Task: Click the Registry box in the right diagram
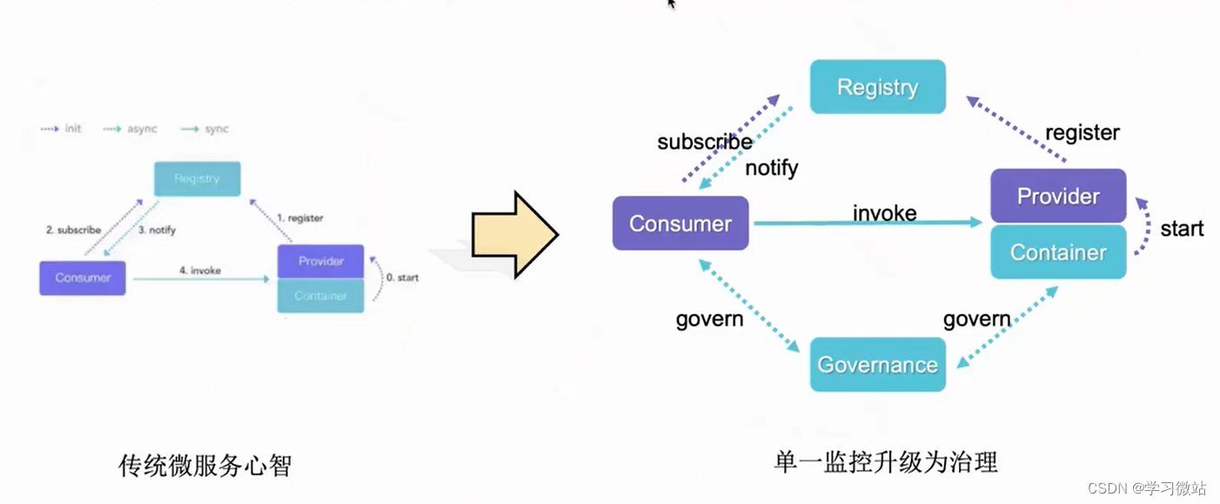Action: point(877,87)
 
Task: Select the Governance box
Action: point(877,365)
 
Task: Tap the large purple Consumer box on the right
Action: point(680,224)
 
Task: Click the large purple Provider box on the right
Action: point(1058,196)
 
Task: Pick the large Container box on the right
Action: point(1058,252)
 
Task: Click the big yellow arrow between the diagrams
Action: point(514,235)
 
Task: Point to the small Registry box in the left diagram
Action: point(197,178)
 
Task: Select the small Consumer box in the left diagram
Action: point(83,278)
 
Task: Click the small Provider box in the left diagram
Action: point(320,261)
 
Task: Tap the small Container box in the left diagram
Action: point(320,296)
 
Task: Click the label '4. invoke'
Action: point(199,271)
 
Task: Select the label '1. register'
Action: point(299,218)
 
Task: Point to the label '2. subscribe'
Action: point(73,230)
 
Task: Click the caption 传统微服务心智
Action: point(204,467)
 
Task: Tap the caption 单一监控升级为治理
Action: point(886,461)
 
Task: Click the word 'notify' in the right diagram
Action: point(771,168)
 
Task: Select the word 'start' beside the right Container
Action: point(1182,229)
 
